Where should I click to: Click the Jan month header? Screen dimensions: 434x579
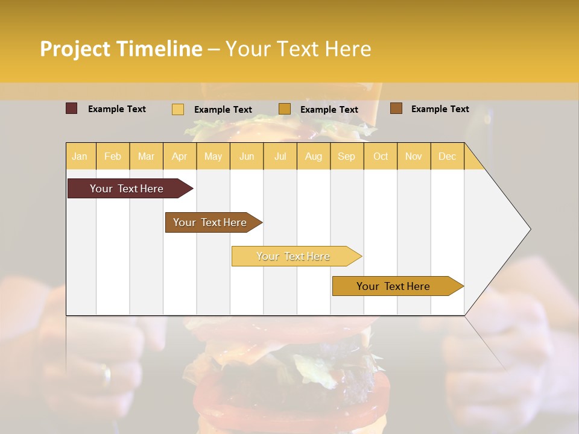pyautogui.click(x=80, y=156)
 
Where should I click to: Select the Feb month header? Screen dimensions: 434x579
pyautogui.click(x=113, y=156)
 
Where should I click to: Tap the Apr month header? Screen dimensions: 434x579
pyautogui.click(x=179, y=156)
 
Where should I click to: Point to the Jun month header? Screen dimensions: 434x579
pyautogui.click(x=247, y=156)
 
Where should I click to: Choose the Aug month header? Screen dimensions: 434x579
pyautogui.click(x=313, y=156)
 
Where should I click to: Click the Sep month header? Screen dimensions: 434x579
pyautogui.click(x=346, y=156)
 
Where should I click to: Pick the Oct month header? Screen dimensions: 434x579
pyautogui.click(x=381, y=156)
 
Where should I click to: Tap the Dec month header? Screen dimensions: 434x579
pyautogui.click(x=447, y=156)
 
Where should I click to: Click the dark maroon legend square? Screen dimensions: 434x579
pyautogui.click(x=71, y=108)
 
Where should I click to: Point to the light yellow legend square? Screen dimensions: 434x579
pyautogui.click(x=177, y=109)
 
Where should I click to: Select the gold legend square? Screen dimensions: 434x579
pyautogui.click(x=285, y=108)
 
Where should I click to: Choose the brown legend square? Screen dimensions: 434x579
pyautogui.click(x=396, y=108)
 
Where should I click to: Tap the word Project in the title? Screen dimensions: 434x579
pyautogui.click(x=75, y=49)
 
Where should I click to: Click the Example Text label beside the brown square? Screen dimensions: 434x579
pyautogui.click(x=440, y=109)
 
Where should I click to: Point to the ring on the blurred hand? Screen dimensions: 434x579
pyautogui.click(x=107, y=373)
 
